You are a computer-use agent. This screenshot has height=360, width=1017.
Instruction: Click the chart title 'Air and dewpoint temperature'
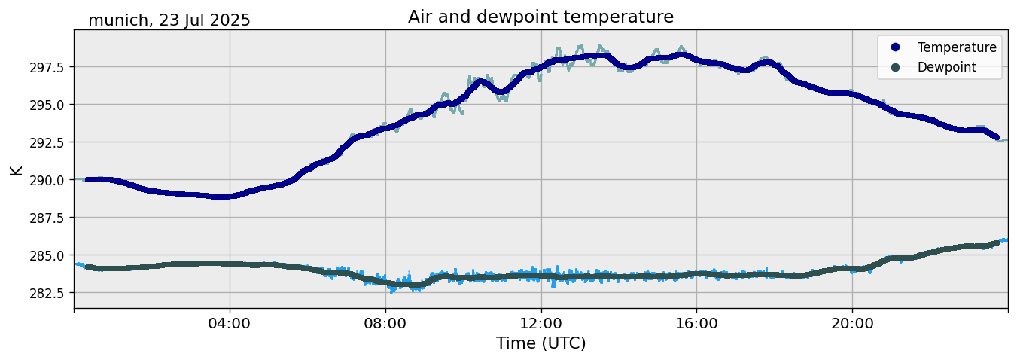[x=540, y=17]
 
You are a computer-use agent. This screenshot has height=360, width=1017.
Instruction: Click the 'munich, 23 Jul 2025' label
[x=169, y=20]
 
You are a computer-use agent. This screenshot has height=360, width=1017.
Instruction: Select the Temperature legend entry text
[x=957, y=47]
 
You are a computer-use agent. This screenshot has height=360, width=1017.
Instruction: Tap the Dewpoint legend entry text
[x=946, y=67]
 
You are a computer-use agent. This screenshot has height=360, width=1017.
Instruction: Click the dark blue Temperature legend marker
[x=895, y=47]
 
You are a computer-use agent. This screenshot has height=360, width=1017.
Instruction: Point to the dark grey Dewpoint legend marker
[x=895, y=67]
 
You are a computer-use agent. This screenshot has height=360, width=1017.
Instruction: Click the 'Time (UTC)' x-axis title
[x=540, y=343]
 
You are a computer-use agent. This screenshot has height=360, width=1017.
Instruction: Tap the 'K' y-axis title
[x=17, y=170]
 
